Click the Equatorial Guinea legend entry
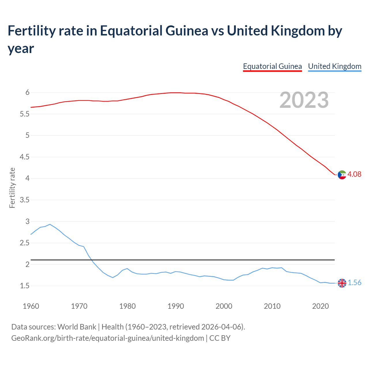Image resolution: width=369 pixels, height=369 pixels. point(272,66)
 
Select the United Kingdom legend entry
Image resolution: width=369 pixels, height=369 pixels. point(334,66)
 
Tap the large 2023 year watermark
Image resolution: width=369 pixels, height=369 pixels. point(304,100)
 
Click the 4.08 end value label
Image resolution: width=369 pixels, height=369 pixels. point(354,174)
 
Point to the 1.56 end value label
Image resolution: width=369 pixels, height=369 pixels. point(354,283)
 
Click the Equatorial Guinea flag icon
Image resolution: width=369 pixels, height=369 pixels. point(342,175)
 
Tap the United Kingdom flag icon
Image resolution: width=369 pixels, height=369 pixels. point(342,283)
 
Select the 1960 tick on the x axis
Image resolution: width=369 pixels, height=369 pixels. point(31,306)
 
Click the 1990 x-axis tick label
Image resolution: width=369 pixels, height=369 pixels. point(176,306)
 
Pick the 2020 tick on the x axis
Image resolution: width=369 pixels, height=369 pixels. point(320,306)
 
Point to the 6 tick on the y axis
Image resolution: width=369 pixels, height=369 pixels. point(27,93)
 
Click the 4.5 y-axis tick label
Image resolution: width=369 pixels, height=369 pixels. point(25,157)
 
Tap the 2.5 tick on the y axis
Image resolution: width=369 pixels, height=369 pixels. point(25,243)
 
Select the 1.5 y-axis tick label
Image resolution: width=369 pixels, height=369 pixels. point(25,286)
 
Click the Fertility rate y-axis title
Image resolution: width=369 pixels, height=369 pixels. point(12,188)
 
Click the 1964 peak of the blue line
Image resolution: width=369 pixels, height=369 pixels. point(50,224)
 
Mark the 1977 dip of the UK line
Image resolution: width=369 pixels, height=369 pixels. point(113,277)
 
